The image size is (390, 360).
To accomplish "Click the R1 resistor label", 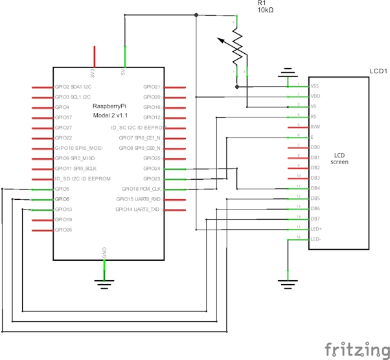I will (262, 3).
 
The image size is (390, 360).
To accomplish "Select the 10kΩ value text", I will (266, 11).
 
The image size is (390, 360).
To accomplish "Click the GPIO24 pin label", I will (152, 169).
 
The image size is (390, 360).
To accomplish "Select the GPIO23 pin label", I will (152, 178).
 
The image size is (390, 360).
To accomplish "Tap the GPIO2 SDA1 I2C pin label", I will (73, 86).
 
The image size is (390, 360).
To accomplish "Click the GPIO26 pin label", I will (63, 230).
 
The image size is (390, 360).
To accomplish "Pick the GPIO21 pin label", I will (152, 86).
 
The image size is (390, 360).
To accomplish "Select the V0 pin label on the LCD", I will (314, 106).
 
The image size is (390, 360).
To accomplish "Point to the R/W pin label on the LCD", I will (315, 127).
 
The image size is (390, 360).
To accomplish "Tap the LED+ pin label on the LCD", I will (316, 229).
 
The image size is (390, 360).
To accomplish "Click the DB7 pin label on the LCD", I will (315, 219).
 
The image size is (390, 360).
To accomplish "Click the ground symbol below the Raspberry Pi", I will (104, 281).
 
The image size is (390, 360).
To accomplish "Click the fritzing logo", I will (353, 348).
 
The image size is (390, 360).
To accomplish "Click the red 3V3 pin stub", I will (95, 55).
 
